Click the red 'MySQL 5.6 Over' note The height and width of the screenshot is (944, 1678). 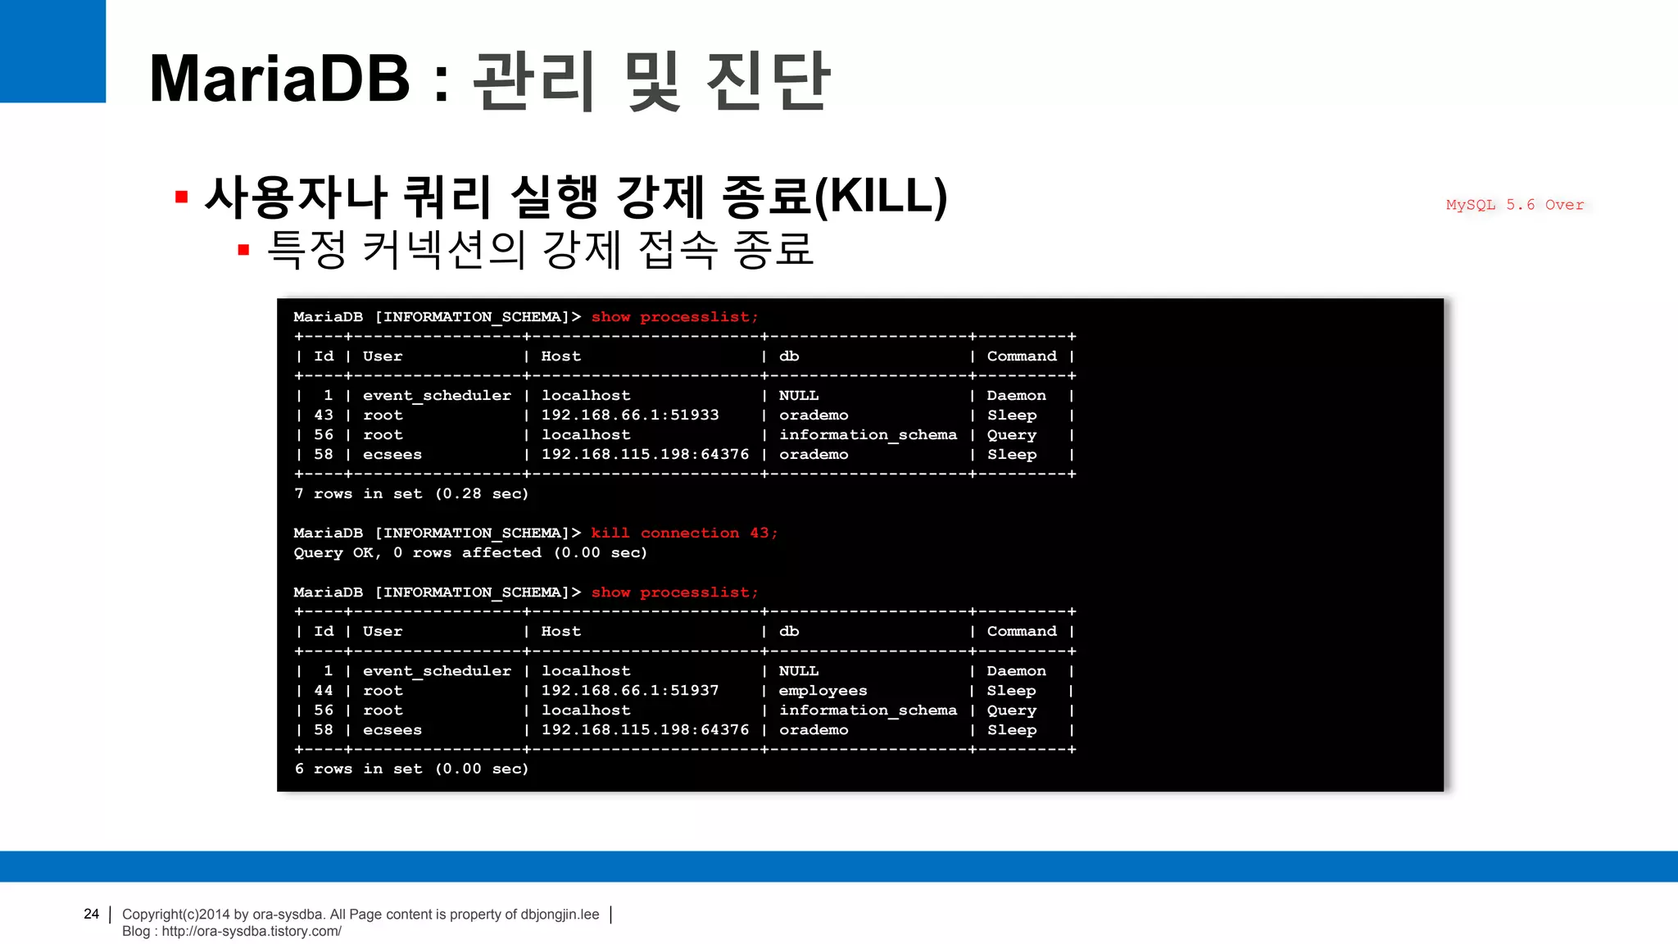1514,205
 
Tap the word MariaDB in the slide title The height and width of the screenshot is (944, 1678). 279,79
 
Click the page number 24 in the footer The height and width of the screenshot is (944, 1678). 91,914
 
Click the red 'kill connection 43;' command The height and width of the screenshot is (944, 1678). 684,533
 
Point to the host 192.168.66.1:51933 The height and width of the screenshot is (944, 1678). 630,415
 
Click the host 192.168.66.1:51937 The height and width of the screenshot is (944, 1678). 630,690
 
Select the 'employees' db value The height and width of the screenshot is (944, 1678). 823,690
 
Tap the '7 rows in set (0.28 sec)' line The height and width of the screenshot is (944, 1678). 411,493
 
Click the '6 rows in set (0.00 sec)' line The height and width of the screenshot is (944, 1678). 411,769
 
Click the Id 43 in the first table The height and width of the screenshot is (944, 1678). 324,415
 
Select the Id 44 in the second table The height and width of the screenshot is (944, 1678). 324,690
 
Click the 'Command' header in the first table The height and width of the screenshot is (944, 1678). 1022,356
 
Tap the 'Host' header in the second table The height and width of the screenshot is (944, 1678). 561,631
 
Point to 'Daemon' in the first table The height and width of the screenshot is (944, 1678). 1016,395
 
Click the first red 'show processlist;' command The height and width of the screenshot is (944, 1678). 675,316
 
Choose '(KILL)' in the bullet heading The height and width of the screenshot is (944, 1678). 881,197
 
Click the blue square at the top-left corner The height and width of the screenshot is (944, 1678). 52,51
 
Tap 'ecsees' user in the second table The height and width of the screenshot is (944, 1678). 392,729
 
